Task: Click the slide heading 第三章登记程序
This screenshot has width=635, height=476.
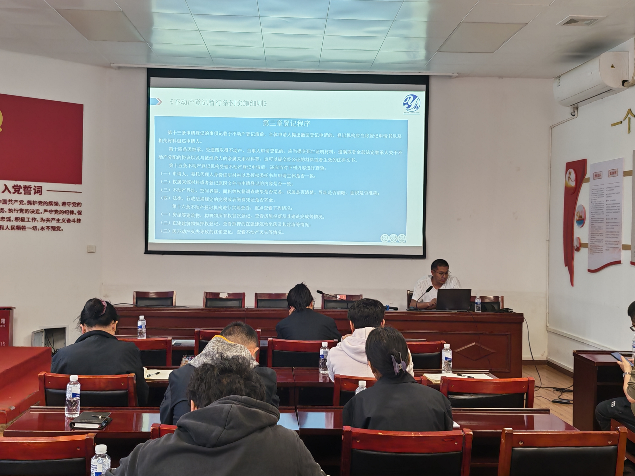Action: click(286, 123)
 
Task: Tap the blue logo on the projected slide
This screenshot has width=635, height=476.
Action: click(412, 103)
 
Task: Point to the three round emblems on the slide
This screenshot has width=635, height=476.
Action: click(393, 238)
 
